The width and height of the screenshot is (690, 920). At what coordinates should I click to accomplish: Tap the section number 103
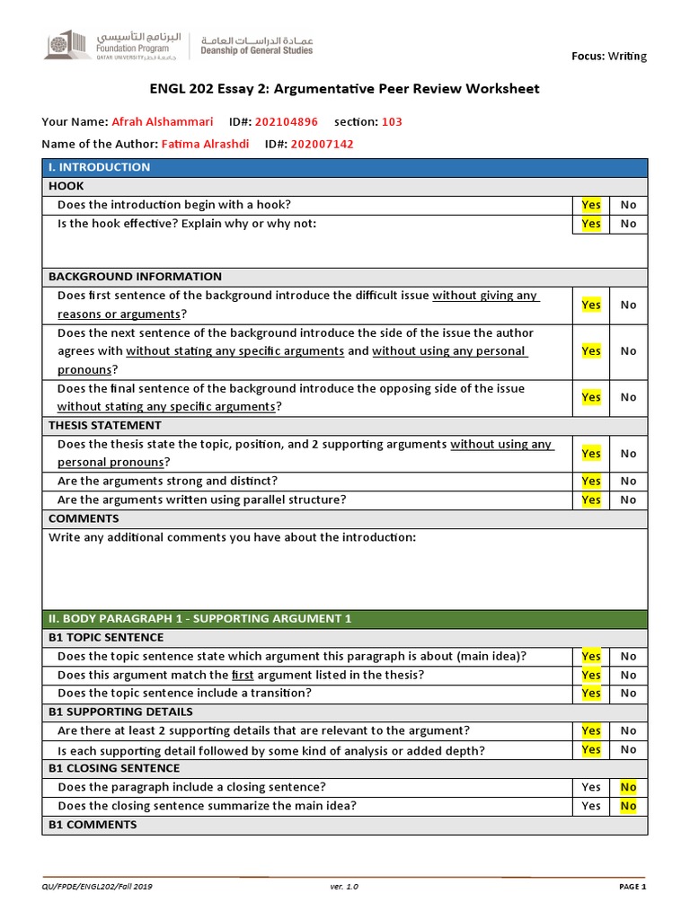click(x=392, y=121)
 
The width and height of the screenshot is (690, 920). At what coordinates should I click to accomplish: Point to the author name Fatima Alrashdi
click(x=207, y=144)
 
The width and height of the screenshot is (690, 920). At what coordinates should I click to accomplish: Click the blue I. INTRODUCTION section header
click(x=99, y=167)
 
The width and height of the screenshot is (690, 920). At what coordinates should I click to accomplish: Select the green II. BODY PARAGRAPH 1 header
click(x=199, y=618)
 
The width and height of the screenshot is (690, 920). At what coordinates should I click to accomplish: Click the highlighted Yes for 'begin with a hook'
click(x=591, y=205)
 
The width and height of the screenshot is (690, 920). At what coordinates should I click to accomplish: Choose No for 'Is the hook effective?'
click(x=628, y=224)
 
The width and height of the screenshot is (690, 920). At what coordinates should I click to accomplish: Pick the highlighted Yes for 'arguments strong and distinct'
click(x=591, y=482)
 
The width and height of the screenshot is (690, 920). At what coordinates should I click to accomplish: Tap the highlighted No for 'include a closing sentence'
click(x=628, y=787)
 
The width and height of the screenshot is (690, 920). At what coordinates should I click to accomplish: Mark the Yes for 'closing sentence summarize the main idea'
click(x=591, y=806)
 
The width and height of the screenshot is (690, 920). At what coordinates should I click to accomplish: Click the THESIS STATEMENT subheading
click(x=105, y=425)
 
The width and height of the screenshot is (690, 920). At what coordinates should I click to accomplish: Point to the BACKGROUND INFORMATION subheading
click(x=135, y=277)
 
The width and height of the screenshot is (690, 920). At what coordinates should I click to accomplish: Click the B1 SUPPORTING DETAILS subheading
click(x=114, y=712)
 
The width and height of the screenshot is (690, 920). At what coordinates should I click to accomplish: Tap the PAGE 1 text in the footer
click(x=632, y=887)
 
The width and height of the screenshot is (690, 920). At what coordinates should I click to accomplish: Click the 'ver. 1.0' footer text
click(x=344, y=887)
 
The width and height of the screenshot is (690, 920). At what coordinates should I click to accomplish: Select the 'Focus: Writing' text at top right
click(x=609, y=56)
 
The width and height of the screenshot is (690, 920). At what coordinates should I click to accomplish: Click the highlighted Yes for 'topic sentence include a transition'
click(x=591, y=693)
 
